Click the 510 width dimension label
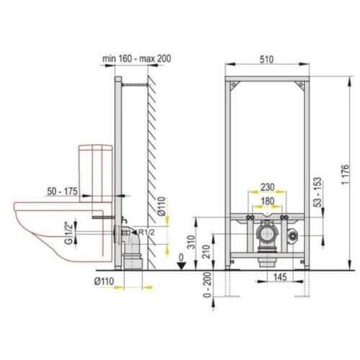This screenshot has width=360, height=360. coord(266,59)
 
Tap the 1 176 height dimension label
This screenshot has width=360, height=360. coord(345,175)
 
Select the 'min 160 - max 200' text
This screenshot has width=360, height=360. coord(137,58)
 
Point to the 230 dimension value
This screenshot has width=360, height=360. coord(268,187)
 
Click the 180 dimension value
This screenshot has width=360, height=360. coord(268,202)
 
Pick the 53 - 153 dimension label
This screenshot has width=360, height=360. coord(318,192)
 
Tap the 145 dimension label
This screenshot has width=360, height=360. coord(280,277)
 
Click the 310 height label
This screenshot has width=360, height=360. coord(191,243)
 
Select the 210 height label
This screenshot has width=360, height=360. coord(207,251)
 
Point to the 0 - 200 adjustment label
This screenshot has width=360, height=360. coord(207,284)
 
